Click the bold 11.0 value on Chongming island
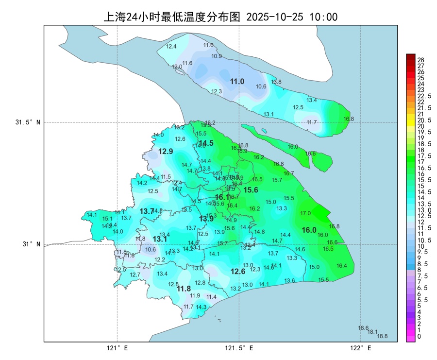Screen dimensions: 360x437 237,82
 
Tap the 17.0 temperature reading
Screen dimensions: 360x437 305,213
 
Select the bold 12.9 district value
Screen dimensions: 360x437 166,152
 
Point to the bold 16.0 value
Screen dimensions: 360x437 309,230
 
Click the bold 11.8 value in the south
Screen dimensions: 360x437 184,289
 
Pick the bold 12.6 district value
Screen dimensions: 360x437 238,272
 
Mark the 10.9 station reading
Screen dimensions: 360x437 217,56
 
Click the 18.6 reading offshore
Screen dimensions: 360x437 363,328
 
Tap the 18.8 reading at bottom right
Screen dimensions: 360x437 383,336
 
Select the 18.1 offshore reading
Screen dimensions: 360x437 373,332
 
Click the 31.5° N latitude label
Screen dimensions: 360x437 27,122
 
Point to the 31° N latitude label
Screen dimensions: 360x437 30,244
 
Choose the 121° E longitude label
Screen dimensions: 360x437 117,348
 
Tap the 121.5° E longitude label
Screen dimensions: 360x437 239,348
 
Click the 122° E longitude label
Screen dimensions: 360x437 360,348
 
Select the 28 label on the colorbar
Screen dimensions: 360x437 421,60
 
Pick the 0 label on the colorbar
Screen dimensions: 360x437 420,336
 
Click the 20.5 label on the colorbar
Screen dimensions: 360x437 424,120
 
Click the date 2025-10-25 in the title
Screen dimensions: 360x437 275,17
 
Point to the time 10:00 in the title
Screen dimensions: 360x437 324,17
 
